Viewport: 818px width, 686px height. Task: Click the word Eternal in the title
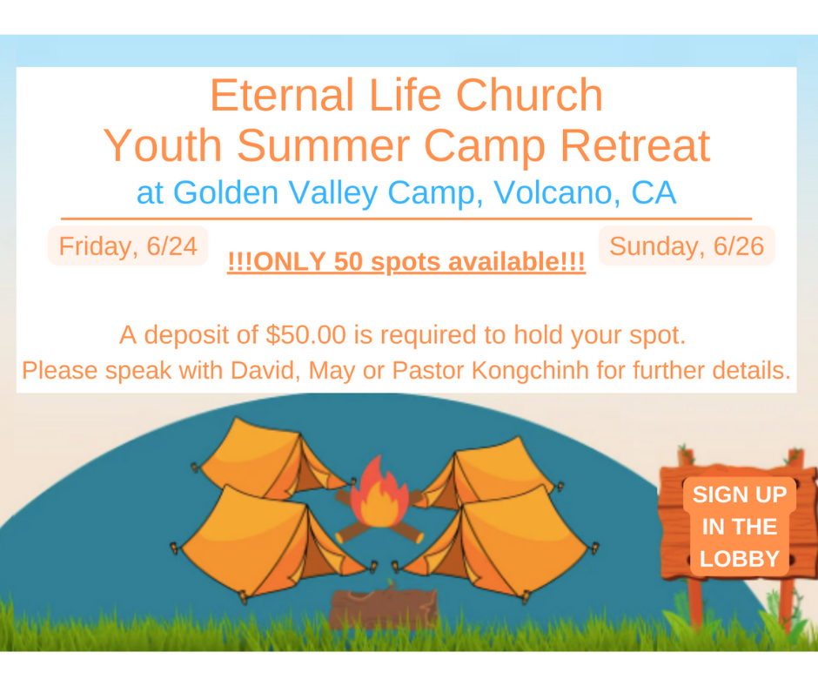pyautogui.click(x=282, y=95)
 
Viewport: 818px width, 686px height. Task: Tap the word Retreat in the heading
pyautogui.click(x=635, y=145)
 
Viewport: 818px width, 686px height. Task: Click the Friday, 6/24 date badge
pyautogui.click(x=128, y=245)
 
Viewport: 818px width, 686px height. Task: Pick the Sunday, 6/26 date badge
pyautogui.click(x=687, y=245)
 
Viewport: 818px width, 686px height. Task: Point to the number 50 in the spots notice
pyautogui.click(x=348, y=261)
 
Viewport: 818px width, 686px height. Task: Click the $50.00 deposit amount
pyautogui.click(x=305, y=334)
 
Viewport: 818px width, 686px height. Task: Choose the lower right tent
pyautogui.click(x=501, y=543)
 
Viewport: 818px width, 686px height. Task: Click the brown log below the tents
pyautogui.click(x=384, y=607)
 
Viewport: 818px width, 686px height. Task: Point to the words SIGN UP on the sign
pyautogui.click(x=739, y=494)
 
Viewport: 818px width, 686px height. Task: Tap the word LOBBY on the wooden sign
pyautogui.click(x=739, y=559)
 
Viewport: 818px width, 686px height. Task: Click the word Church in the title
pyautogui.click(x=529, y=95)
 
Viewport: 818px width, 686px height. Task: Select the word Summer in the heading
pyautogui.click(x=324, y=145)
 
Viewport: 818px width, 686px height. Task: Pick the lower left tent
pyautogui.click(x=272, y=543)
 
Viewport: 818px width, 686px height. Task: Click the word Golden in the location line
pyautogui.click(x=226, y=192)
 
